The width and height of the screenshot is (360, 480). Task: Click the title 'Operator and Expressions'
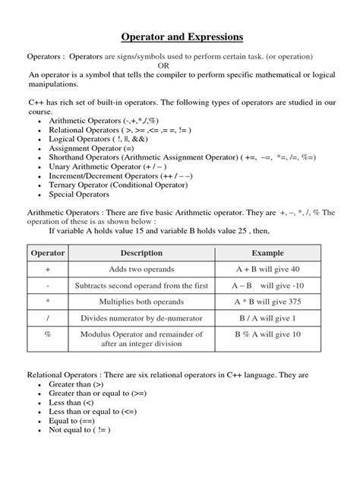(x=179, y=36)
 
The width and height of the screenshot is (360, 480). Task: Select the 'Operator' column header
(x=48, y=252)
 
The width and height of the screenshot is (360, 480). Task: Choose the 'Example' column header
(x=268, y=252)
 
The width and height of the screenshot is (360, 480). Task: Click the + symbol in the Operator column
(x=48, y=270)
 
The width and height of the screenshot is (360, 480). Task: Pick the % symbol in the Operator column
(x=48, y=334)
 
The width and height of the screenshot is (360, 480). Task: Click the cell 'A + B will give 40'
(x=268, y=270)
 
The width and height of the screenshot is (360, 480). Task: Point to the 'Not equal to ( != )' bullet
(x=79, y=429)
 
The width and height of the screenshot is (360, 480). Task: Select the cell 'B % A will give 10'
(x=268, y=334)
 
